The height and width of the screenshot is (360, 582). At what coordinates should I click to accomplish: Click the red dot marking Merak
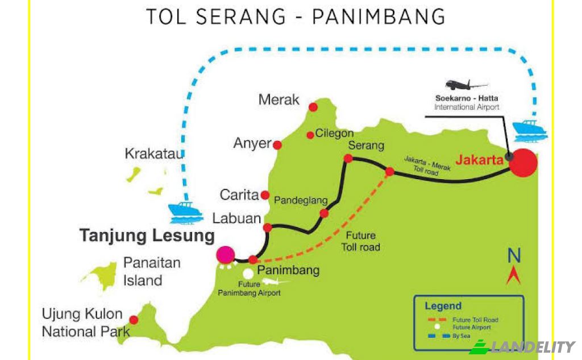pyautogui.click(x=313, y=106)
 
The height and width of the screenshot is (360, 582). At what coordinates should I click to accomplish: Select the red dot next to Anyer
pyautogui.click(x=277, y=145)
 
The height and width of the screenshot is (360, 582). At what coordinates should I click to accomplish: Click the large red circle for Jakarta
pyautogui.click(x=523, y=163)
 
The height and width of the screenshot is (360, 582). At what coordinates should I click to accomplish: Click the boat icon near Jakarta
pyautogui.click(x=529, y=131)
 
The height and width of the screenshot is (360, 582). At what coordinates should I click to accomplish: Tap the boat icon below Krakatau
pyautogui.click(x=186, y=212)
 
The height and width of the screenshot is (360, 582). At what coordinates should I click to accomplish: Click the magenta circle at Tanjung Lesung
pyautogui.click(x=226, y=255)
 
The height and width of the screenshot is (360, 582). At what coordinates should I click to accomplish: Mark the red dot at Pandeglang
pyautogui.click(x=324, y=213)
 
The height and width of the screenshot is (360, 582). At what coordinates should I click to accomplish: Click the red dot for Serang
pyautogui.click(x=348, y=159)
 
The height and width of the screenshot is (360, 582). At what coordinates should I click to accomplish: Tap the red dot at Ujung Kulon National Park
pyautogui.click(x=134, y=320)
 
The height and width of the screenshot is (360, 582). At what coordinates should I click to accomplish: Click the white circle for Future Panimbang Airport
pyautogui.click(x=248, y=274)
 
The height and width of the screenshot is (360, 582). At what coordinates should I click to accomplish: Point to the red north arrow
pyautogui.click(x=514, y=276)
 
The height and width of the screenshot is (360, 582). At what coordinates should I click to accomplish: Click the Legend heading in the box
pyautogui.click(x=443, y=306)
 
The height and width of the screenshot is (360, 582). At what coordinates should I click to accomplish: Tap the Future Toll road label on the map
pyautogui.click(x=360, y=241)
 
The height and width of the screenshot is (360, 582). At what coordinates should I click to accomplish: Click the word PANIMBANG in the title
pyautogui.click(x=379, y=16)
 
